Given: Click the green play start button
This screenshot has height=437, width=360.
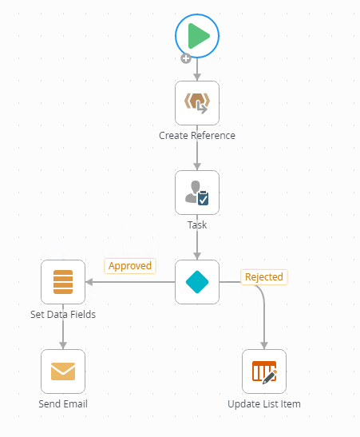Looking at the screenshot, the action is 197,36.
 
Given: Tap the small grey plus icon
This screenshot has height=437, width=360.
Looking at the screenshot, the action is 186,58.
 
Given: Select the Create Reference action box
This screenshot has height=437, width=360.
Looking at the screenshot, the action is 197,103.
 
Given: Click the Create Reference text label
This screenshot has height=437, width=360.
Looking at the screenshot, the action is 197,136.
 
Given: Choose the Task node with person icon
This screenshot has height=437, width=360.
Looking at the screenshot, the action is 197,193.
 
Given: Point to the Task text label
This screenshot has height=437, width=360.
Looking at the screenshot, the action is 197,225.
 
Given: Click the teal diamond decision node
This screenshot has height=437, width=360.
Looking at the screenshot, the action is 197,282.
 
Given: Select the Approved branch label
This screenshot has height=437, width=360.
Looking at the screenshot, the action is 130,266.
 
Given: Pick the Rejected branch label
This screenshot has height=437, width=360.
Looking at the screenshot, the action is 264,277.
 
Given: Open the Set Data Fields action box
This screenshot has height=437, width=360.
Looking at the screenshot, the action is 63,282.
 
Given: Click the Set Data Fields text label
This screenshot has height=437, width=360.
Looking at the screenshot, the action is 63,315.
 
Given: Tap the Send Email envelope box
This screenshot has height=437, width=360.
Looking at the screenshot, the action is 63,371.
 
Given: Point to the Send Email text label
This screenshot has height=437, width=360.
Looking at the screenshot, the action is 63,403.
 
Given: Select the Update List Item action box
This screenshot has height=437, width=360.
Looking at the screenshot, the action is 264,371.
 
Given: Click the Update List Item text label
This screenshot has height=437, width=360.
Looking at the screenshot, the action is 264,403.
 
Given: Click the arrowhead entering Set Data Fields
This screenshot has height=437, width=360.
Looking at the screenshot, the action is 89,282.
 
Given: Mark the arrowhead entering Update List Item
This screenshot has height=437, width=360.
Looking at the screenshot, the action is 264,346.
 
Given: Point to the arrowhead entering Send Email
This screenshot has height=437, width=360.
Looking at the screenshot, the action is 63,346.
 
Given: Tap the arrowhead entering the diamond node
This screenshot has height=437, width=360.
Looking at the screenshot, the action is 197,256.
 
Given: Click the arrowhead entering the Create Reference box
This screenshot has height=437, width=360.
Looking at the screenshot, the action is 197,77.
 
